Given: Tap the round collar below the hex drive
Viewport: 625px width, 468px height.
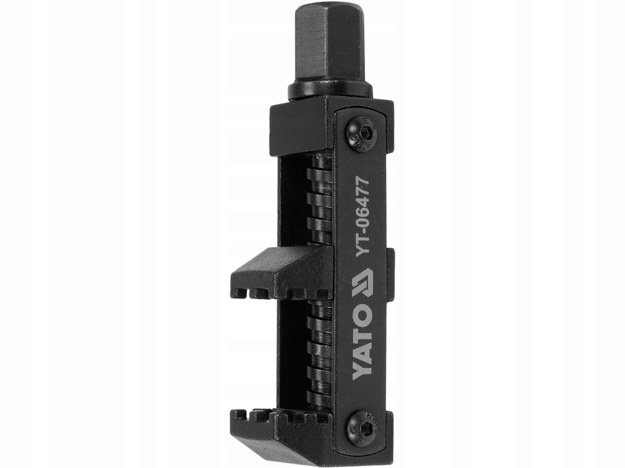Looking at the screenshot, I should pyautogui.click(x=330, y=91).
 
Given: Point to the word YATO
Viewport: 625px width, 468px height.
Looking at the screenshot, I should pyautogui.click(x=362, y=346).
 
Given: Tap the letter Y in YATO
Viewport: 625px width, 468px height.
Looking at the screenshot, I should pyautogui.click(x=362, y=371).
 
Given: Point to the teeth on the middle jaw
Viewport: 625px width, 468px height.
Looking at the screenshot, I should pyautogui.click(x=275, y=291).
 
